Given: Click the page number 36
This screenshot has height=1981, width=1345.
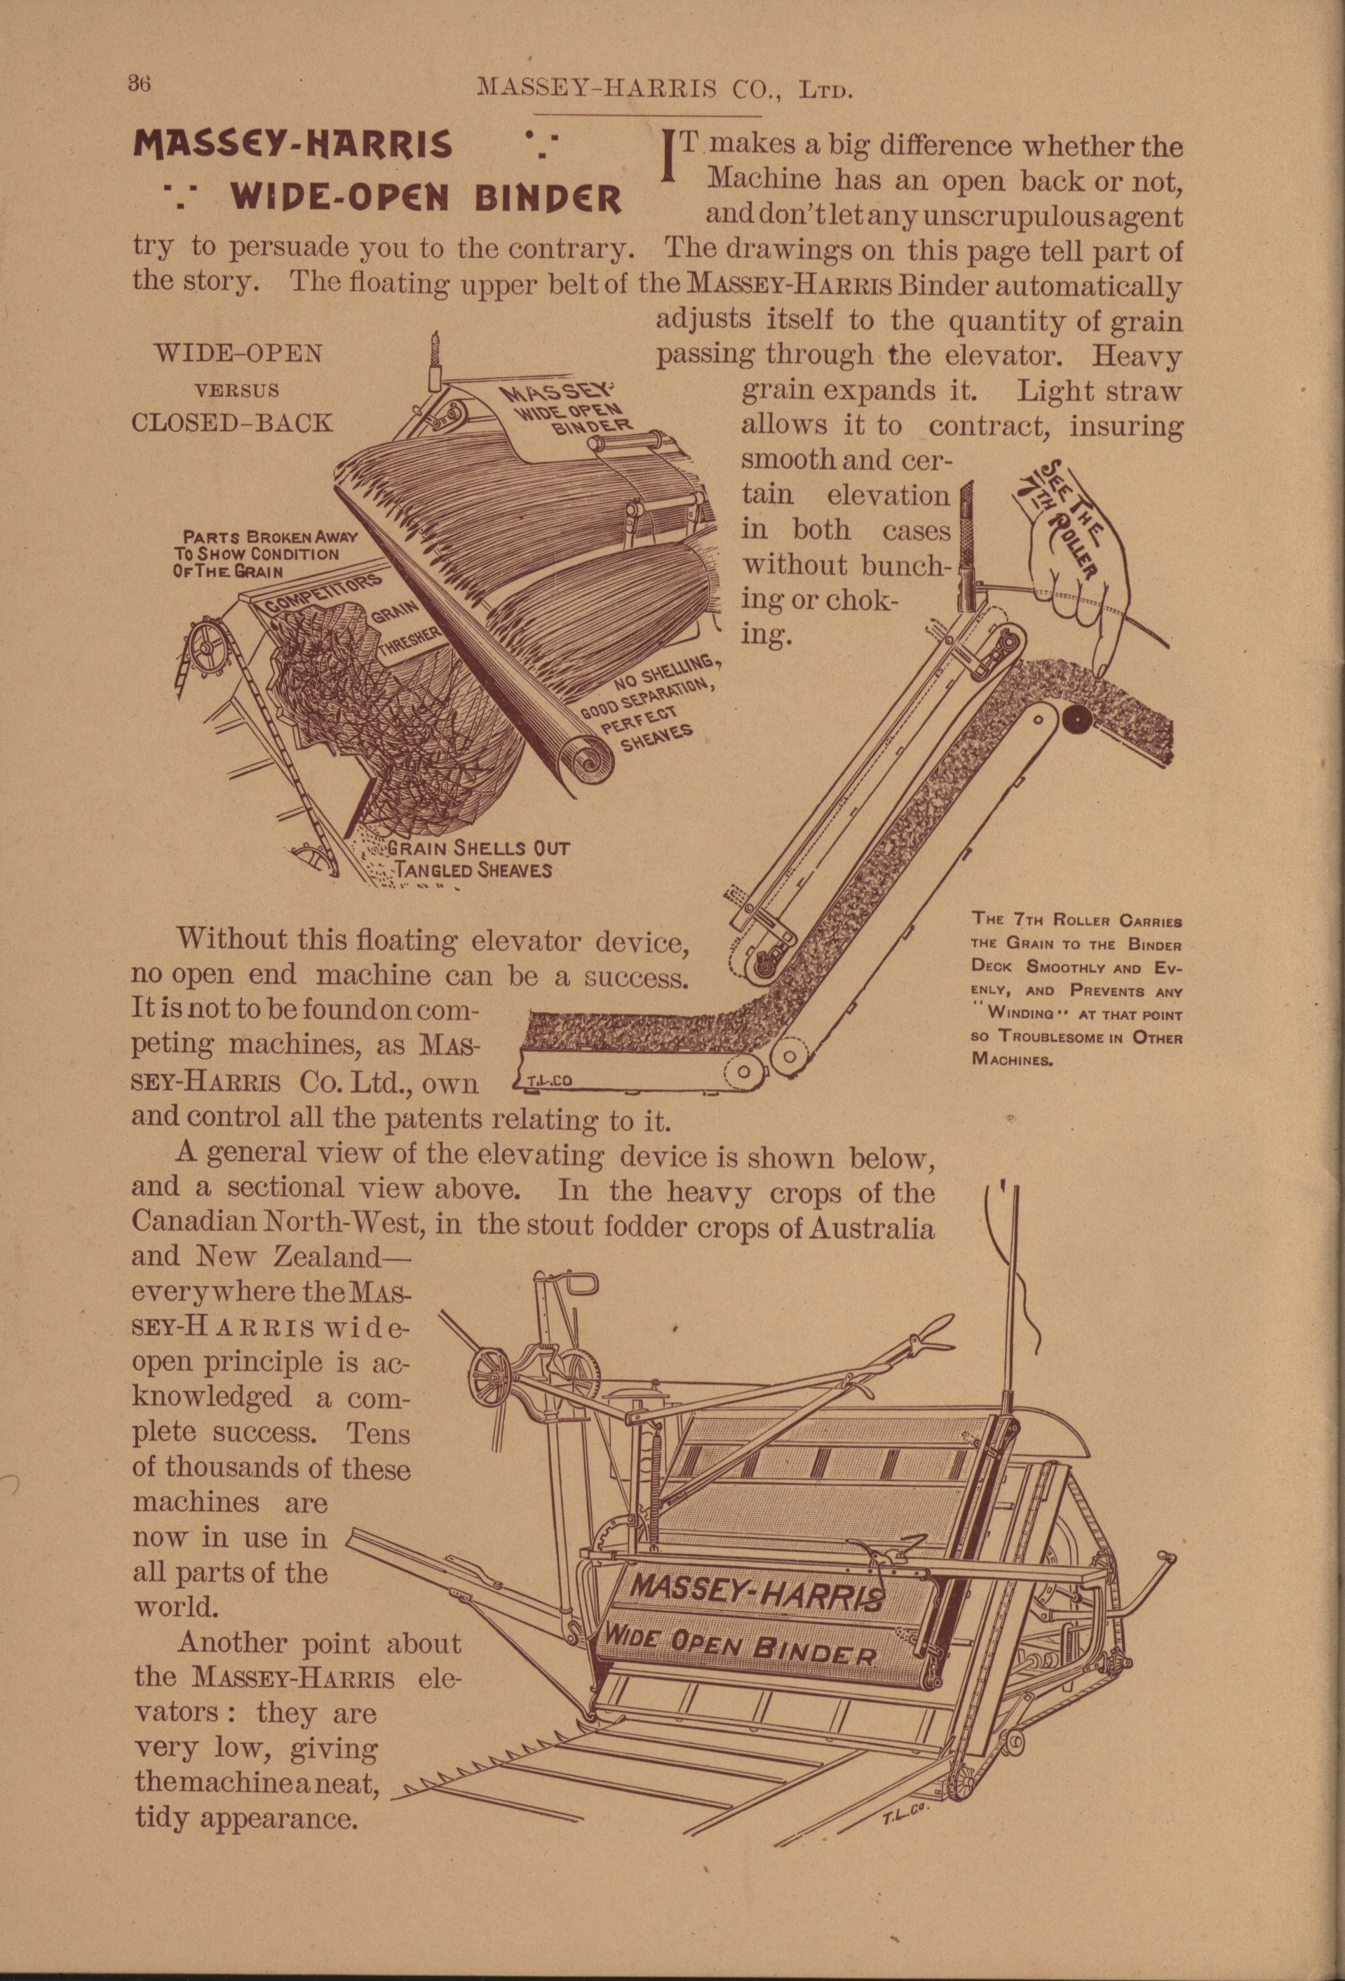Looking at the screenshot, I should pos(138,83).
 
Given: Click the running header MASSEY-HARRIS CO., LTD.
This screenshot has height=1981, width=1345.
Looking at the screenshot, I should pos(665,88).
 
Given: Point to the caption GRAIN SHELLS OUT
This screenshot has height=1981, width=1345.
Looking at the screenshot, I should pos(478,849).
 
